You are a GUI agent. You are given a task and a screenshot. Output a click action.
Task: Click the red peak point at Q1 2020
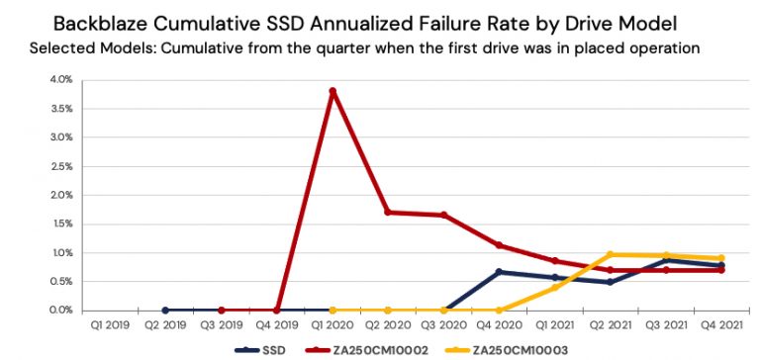point(332,91)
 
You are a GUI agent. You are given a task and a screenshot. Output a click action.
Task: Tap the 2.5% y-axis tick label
point(59,166)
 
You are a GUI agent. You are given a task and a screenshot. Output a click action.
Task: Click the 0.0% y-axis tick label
point(59,311)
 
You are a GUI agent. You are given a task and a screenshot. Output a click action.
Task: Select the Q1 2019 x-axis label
point(109,324)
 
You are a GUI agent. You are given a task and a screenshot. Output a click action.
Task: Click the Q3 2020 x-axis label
point(442,324)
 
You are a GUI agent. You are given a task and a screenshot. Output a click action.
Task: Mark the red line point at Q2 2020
point(388,212)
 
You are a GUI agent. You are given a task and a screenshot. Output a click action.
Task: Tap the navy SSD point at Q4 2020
point(499,272)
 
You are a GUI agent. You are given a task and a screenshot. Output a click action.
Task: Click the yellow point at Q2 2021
point(610,254)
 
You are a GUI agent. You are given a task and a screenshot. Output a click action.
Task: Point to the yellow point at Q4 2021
point(720,258)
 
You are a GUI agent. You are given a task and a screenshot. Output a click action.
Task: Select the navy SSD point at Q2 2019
point(165,310)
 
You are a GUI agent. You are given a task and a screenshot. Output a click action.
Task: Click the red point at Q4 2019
point(276,310)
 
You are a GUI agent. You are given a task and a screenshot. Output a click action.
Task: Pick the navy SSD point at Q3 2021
point(665,260)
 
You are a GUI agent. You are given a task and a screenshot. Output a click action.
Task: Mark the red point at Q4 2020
point(499,245)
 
